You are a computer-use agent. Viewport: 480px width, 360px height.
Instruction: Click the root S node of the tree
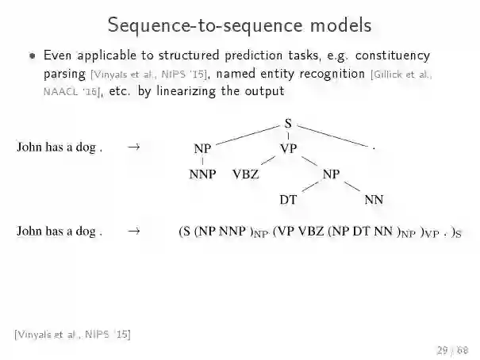(287, 124)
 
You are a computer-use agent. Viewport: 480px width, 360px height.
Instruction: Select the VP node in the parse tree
(288, 148)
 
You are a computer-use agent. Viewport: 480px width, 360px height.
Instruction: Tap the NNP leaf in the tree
(202, 174)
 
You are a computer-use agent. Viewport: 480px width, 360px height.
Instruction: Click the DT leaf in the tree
(288, 200)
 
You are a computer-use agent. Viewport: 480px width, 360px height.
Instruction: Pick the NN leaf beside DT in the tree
(374, 200)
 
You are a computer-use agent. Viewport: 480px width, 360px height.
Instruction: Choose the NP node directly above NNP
(202, 148)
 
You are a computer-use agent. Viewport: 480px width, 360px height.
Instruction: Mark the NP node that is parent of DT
(331, 174)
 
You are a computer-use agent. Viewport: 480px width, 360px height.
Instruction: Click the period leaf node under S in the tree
(373, 148)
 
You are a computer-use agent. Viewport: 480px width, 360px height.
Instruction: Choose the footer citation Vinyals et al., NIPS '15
(72, 334)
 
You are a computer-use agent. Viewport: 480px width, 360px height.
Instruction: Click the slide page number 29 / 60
(451, 350)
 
